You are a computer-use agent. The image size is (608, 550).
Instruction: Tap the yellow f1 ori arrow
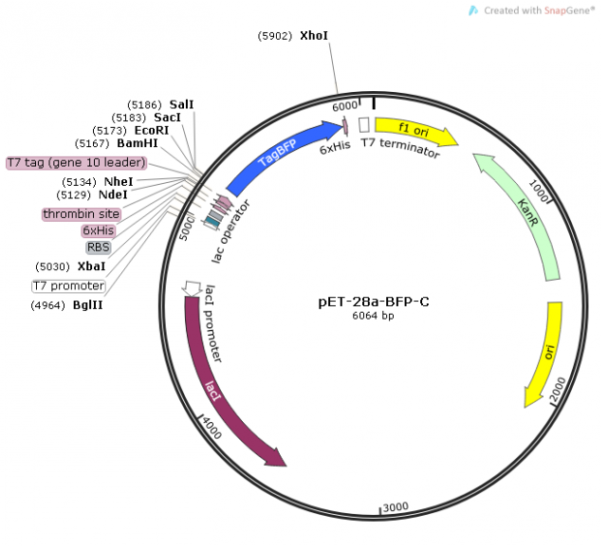[x=415, y=131]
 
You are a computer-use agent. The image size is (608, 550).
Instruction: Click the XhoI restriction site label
[x=314, y=36]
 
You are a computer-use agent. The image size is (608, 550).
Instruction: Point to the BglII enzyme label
[x=87, y=305]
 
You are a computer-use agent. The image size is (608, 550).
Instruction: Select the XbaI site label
[x=91, y=266]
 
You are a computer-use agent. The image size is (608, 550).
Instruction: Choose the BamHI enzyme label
[x=138, y=143]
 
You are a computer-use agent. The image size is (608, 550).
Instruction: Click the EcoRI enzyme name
[x=152, y=130]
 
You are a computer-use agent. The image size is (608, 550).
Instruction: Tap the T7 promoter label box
[x=68, y=286]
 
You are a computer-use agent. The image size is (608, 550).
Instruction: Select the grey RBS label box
[x=98, y=247]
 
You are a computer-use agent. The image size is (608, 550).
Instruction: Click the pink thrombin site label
[x=82, y=214]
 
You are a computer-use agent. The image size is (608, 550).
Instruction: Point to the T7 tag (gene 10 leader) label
[x=77, y=162]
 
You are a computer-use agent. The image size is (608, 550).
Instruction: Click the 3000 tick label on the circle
[x=396, y=506]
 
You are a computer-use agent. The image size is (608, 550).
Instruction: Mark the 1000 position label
[x=539, y=191]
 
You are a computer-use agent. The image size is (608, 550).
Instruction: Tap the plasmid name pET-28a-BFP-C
[x=374, y=302]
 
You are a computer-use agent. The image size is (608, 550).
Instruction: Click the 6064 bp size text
[x=373, y=316]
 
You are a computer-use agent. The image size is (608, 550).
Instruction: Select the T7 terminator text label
[x=400, y=147]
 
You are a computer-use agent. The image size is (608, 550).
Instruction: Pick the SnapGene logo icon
[x=473, y=10]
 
